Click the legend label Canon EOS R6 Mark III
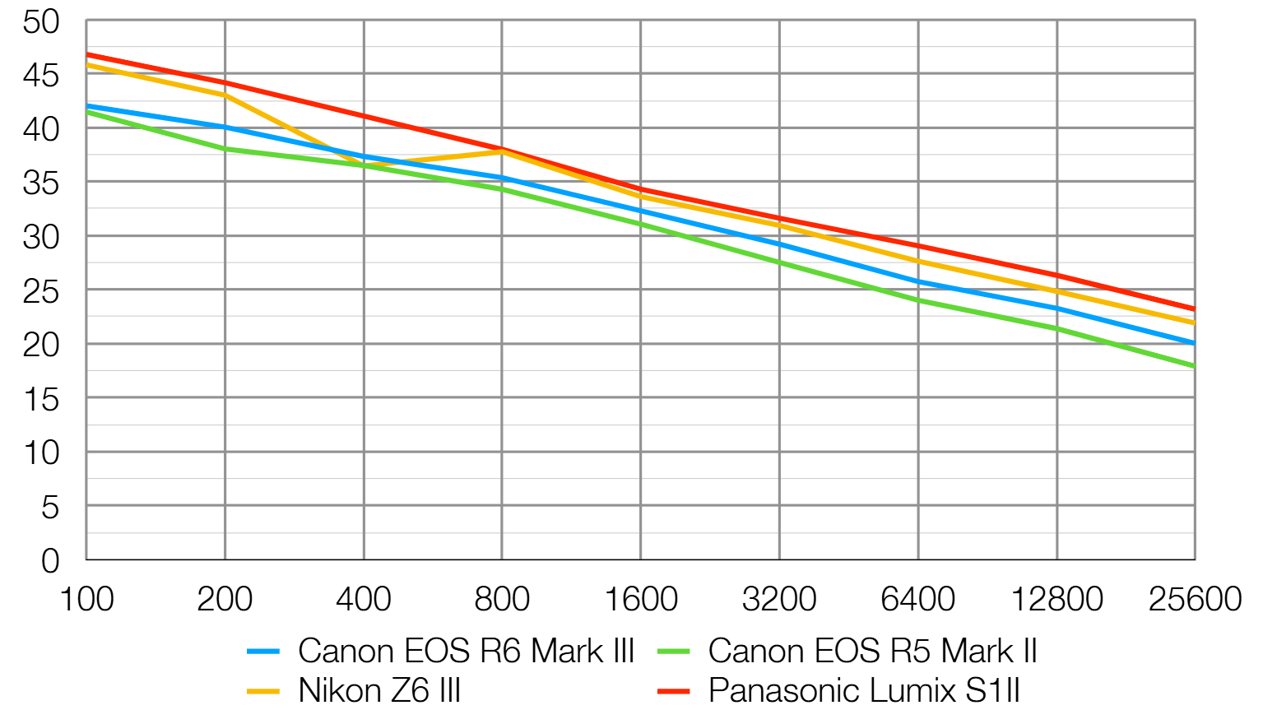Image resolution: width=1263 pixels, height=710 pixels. point(466,651)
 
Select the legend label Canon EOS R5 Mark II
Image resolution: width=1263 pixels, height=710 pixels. point(872,651)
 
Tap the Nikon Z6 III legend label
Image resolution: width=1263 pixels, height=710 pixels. point(379,690)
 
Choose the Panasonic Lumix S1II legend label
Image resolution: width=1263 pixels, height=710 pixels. point(864,690)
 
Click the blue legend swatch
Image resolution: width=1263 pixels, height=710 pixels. point(263,652)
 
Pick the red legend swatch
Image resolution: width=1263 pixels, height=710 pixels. point(674,691)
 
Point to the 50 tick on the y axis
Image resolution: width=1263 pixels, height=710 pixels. point(41,22)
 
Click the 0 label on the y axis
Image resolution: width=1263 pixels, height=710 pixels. point(50,561)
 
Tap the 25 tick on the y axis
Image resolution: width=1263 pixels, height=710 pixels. point(41,291)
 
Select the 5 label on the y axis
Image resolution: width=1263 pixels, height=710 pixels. point(50,508)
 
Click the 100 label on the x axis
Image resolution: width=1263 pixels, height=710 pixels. point(86,599)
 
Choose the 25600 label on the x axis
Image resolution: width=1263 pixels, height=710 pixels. point(1195,599)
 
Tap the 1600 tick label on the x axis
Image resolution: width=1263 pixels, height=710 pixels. point(641,599)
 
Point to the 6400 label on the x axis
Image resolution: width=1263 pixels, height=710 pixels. point(918,599)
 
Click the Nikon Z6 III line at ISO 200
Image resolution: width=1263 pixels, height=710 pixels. point(225,95)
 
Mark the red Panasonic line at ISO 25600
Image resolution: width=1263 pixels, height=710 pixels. point(1193,309)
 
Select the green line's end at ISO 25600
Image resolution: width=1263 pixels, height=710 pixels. point(1193,366)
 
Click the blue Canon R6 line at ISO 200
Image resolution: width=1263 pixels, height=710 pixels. point(225,128)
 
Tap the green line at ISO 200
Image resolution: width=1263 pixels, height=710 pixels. point(225,149)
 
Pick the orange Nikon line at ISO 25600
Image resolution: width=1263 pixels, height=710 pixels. point(1193,323)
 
